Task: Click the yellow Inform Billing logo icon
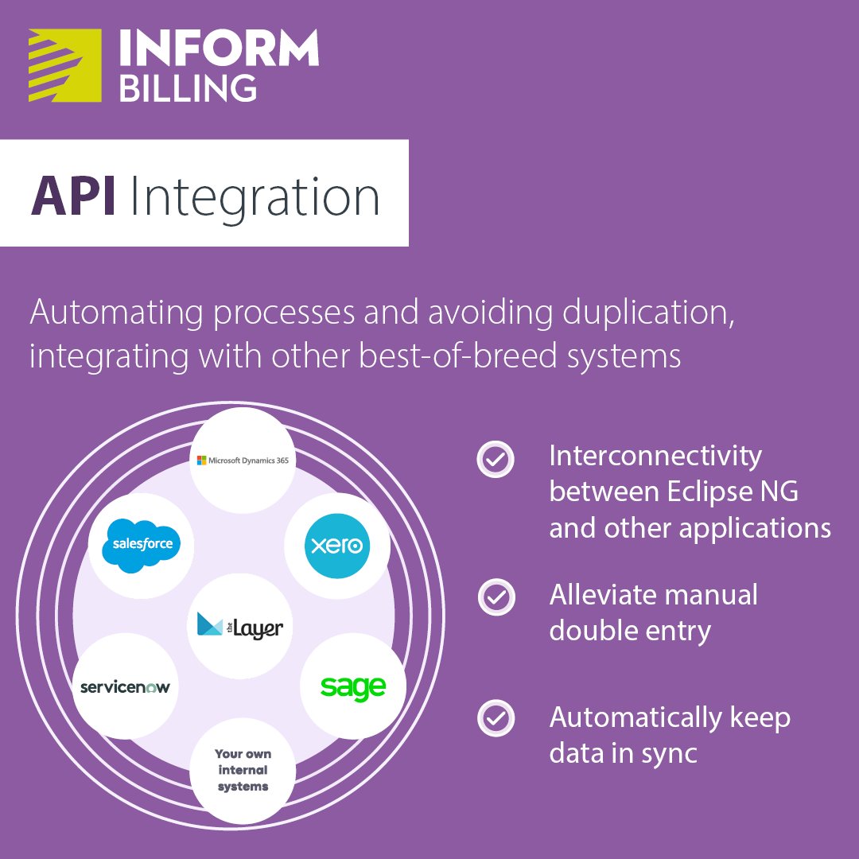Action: pos(64,65)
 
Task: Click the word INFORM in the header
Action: pos(219,49)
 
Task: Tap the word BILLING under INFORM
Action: pos(188,87)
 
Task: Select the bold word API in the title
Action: pos(73,197)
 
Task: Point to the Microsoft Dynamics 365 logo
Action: pos(243,460)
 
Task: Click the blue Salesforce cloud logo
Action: pos(142,545)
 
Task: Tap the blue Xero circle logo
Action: pos(337,546)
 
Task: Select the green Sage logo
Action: pos(352,686)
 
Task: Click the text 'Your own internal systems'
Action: pos(243,770)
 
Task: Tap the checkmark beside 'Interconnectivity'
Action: pos(496,459)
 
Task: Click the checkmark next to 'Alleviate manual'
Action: pos(496,596)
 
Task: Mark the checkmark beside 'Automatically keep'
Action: pos(496,718)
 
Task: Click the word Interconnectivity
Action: pos(655,457)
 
